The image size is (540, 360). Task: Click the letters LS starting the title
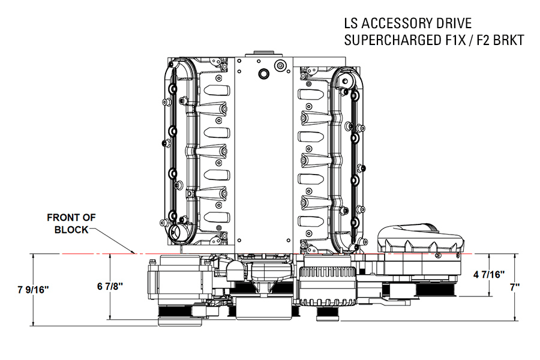tap(351, 25)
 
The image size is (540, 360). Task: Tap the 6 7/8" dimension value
tap(110, 286)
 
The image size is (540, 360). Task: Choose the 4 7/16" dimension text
tap(490, 274)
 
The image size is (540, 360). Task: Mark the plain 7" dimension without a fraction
tap(514, 287)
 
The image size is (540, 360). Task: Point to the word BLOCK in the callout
tap(71, 229)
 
